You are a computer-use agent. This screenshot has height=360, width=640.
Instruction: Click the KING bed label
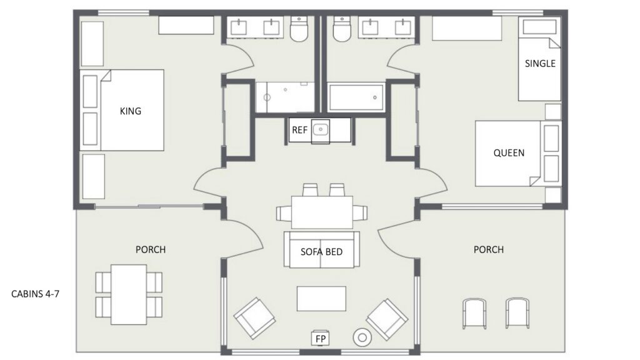coord(131,111)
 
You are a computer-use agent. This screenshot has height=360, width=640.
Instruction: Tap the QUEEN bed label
coord(509,153)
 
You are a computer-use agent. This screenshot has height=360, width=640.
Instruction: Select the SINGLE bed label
coord(540,64)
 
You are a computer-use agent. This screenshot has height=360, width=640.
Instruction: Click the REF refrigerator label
coord(299,130)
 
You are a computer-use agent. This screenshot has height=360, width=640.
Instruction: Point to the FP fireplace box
coord(321,338)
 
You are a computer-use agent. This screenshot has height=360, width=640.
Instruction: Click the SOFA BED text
coord(322,252)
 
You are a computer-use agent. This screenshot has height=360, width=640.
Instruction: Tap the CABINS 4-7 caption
coord(35,294)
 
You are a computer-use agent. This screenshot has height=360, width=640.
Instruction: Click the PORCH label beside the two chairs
coord(489,249)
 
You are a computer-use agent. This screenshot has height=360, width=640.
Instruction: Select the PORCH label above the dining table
coord(151,249)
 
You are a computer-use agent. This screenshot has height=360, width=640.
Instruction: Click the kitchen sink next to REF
coord(321,130)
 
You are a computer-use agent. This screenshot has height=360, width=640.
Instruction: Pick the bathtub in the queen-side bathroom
coord(356,97)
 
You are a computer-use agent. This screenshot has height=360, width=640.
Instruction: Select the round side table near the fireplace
coord(362,337)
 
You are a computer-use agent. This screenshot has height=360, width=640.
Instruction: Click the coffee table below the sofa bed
coord(322,299)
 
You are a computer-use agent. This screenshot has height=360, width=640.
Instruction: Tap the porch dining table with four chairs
coord(129,295)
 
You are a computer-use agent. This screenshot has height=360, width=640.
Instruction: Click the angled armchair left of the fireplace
coord(255,318)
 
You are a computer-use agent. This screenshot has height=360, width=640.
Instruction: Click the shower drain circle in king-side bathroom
coord(267,97)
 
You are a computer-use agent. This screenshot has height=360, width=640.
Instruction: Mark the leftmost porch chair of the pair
coord(474,313)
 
